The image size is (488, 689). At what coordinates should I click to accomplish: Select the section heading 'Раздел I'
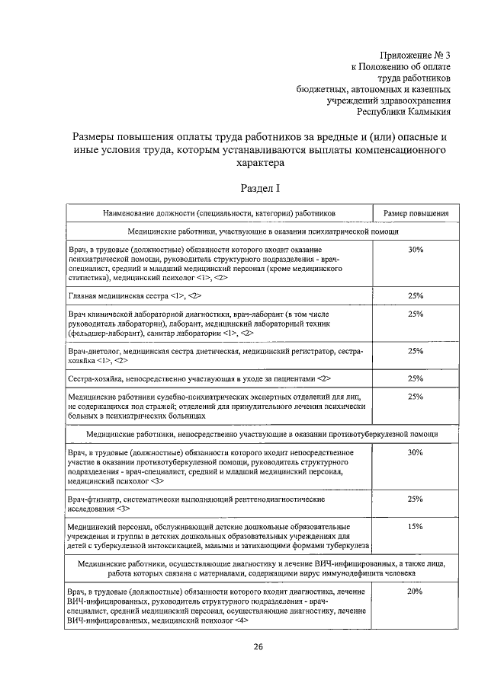click(261, 187)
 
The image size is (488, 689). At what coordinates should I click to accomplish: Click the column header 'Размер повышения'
click(416, 214)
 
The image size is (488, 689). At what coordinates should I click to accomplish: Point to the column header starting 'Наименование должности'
click(220, 214)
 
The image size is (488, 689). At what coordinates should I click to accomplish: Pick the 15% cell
click(416, 526)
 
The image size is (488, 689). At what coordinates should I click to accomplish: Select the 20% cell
click(416, 592)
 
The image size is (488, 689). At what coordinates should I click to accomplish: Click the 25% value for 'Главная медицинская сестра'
click(416, 295)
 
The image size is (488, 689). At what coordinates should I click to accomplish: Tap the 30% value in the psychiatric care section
click(416, 250)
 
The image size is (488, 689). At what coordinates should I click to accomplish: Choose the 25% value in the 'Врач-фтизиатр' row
click(416, 499)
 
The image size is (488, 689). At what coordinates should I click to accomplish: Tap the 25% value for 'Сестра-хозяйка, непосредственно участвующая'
click(416, 378)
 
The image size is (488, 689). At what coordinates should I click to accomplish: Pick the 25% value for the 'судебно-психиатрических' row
click(416, 397)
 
